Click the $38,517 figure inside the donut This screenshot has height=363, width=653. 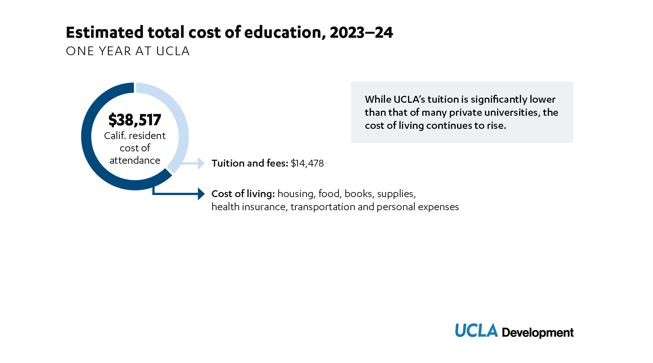coord(135,120)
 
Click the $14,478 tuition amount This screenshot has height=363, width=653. coord(307,163)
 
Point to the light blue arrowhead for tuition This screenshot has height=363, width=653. coord(201,163)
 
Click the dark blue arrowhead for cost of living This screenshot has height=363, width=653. coord(201,193)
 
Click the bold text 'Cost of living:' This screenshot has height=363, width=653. coord(243,194)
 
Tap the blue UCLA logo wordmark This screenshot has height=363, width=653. coord(476,331)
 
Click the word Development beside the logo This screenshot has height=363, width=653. coord(538,333)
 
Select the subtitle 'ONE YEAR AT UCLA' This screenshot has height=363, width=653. coord(128,51)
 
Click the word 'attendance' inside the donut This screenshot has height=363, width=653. coord(135,160)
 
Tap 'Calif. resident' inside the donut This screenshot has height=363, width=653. coord(135,136)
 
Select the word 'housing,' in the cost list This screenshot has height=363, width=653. coord(296,194)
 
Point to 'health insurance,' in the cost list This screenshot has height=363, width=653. coord(249,207)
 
